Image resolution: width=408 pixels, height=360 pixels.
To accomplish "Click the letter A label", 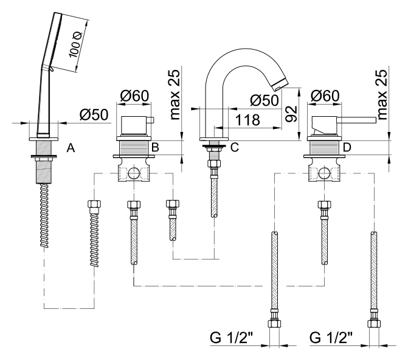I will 71,148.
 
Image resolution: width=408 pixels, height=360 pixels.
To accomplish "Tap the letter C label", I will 235,147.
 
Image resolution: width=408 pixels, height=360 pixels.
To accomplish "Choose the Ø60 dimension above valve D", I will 325,95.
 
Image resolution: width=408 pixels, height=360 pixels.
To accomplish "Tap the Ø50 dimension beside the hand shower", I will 94,114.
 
